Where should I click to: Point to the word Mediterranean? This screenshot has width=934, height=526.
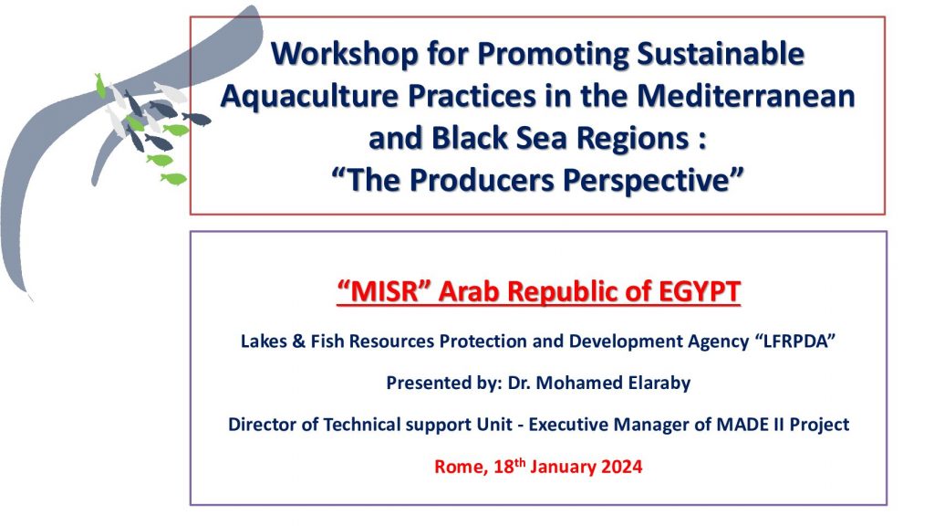(746, 96)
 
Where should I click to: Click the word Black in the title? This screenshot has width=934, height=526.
(470, 139)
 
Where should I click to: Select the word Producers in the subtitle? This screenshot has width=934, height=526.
(482, 180)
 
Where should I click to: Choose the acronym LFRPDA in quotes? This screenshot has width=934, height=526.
(795, 342)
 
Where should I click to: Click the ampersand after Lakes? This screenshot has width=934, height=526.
(298, 342)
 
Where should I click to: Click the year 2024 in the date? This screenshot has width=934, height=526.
(621, 467)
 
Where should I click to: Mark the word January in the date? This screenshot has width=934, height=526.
(563, 467)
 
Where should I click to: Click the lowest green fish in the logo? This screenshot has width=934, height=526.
(173, 178)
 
